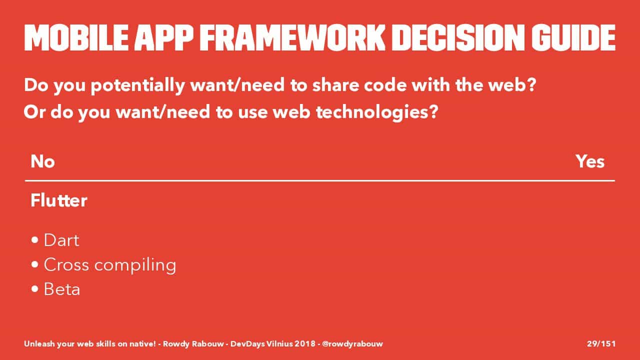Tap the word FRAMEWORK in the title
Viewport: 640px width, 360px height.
point(292,37)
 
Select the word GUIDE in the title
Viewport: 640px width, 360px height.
point(573,37)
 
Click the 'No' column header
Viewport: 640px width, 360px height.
point(42,161)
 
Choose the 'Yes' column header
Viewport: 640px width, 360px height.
point(590,161)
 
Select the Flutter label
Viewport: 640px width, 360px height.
point(59,200)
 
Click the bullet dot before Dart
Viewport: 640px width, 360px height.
point(35,240)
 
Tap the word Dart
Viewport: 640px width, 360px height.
point(61,240)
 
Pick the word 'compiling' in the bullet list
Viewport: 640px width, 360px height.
point(135,265)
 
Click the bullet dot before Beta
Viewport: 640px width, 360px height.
point(35,289)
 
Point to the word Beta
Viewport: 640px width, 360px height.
point(61,289)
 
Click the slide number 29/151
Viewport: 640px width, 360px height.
point(601,343)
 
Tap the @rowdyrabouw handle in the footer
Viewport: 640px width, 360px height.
point(352,343)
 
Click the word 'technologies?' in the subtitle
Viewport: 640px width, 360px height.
point(377,112)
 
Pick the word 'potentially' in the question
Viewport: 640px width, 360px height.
point(137,85)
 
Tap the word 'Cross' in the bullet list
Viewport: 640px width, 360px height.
point(66,264)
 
